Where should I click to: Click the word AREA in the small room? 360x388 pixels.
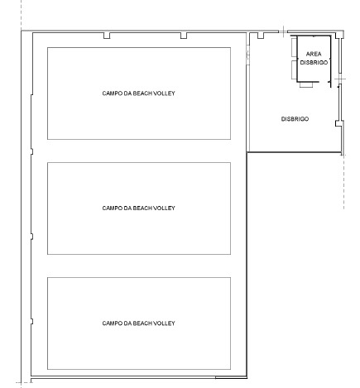pos(314,54)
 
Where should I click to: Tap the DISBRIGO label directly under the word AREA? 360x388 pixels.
pos(314,62)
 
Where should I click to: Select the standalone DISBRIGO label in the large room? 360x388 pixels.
pos(295,119)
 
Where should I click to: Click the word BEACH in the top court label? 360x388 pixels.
pos(142,93)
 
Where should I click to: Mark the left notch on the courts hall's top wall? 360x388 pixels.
pos(107,36)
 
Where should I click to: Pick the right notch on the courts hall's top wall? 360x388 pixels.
pos(184,36)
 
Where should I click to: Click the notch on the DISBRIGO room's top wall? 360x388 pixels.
pos(261,36)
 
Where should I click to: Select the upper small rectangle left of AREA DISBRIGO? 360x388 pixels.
pos(295,46)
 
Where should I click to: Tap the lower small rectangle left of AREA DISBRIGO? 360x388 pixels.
pos(295,69)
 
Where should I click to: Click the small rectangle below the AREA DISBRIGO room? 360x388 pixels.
pos(306,84)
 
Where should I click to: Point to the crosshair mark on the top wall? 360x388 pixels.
pos(284,31)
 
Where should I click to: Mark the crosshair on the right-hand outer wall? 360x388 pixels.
pos(340,79)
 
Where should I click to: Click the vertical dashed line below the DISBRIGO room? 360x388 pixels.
pos(343,181)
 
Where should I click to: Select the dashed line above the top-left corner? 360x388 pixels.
pos(22,14)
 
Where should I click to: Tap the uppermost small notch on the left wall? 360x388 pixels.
pos(32,151)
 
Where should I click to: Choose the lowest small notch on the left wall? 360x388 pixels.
pos(32,321)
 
